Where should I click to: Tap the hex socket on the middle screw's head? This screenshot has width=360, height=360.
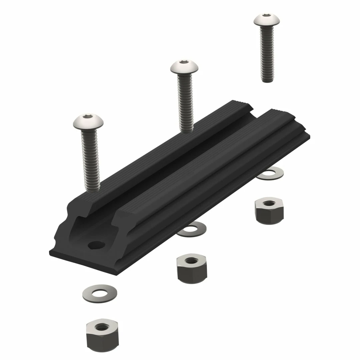(x=184, y=62)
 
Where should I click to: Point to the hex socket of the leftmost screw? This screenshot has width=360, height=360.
(x=88, y=116)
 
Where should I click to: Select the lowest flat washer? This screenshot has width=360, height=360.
(x=99, y=293)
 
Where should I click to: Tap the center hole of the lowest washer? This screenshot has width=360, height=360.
(x=99, y=293)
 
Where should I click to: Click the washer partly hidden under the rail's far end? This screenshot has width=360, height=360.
(x=272, y=174)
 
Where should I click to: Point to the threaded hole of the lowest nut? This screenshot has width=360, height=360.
(x=102, y=326)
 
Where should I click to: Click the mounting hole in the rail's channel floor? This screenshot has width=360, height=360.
(x=96, y=245)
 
